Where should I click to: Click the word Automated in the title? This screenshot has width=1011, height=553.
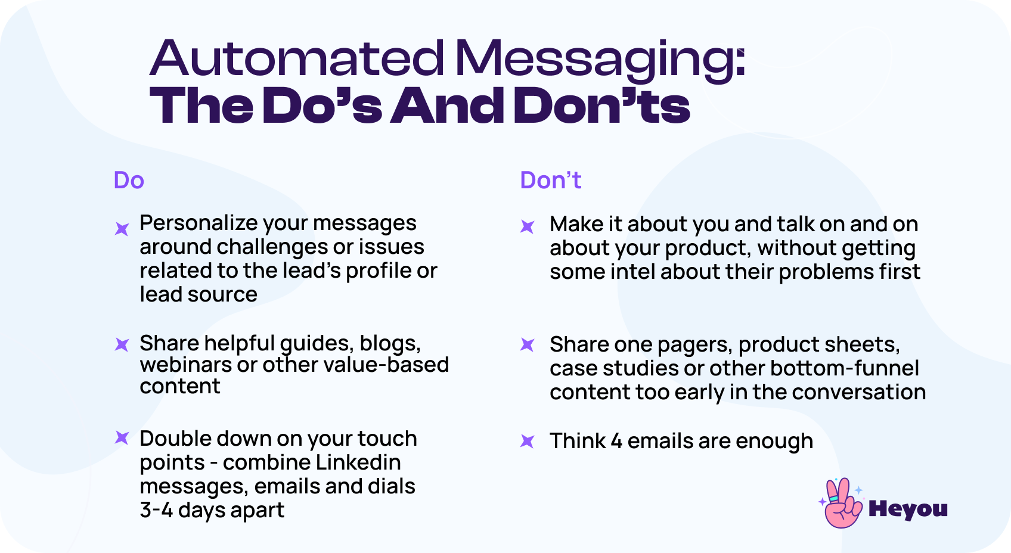(x=297, y=58)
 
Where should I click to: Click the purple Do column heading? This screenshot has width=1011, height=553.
(x=129, y=181)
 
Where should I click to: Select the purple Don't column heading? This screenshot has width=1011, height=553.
(x=550, y=181)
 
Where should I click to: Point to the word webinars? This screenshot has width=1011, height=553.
(x=185, y=365)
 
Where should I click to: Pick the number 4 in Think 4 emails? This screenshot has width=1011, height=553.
(x=616, y=441)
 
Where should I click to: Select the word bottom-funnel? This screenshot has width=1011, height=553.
(x=844, y=368)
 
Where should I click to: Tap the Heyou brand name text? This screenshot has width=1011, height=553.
(x=908, y=509)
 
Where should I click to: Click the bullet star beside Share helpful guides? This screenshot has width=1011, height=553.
(x=122, y=344)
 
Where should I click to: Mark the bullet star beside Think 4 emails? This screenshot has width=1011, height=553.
(x=528, y=441)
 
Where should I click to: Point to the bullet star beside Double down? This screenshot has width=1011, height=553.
(x=122, y=439)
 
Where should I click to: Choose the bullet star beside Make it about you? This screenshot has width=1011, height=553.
(x=528, y=226)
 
